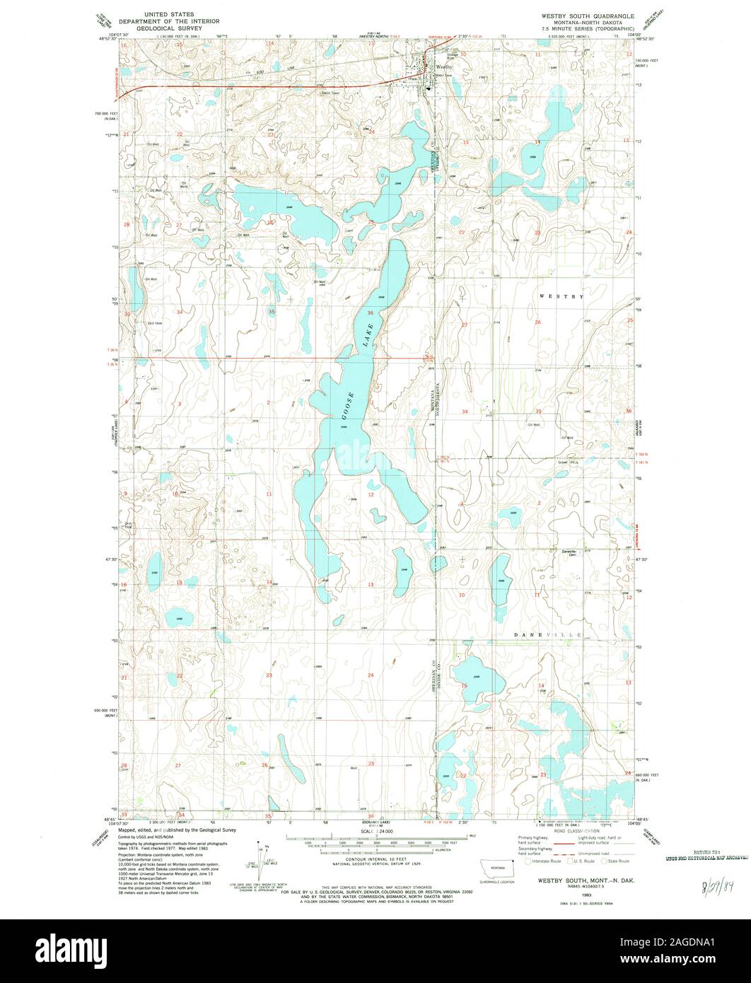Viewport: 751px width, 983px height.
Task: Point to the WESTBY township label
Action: click(x=561, y=296)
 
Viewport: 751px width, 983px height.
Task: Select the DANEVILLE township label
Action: click(x=548, y=635)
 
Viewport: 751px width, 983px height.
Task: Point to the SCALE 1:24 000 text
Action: click(x=377, y=834)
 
